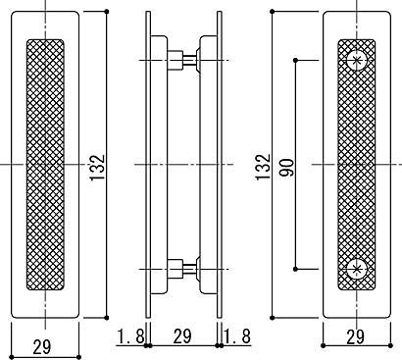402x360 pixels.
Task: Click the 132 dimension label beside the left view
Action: click(97, 167)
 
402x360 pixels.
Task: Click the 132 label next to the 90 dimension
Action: click(263, 167)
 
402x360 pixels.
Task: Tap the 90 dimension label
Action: click(286, 168)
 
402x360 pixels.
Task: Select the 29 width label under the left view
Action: click(42, 347)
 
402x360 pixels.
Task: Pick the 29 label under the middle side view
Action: click(182, 336)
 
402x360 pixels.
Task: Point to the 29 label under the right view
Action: click(355, 336)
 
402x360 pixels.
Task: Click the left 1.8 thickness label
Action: click(130, 336)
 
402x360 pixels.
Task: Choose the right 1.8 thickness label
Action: click(237, 336)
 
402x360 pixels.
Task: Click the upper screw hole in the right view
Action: click(357, 60)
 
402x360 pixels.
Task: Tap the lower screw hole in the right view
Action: click(357, 269)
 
